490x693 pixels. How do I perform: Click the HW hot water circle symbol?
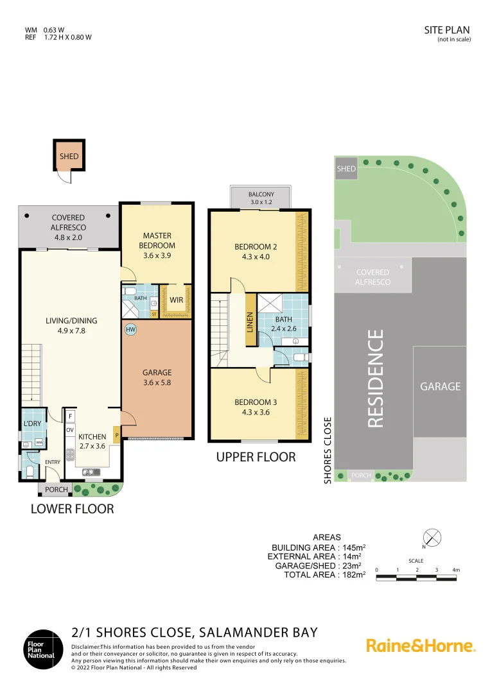tap(131, 329)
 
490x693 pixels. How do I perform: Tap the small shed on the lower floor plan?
tap(69, 156)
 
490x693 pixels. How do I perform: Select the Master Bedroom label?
tap(157, 241)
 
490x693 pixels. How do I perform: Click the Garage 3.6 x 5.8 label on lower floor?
tap(157, 378)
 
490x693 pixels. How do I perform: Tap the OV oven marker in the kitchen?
tap(70, 430)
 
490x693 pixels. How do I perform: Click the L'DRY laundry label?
tap(31, 425)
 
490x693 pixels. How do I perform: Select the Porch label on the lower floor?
tap(56, 490)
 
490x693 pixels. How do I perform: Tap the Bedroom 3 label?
tap(256, 407)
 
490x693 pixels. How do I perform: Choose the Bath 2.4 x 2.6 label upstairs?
tap(283, 323)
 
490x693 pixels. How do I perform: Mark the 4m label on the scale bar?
tap(455, 570)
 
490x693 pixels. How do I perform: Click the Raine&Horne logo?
tap(421, 646)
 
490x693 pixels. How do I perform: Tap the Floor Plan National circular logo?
tap(41, 649)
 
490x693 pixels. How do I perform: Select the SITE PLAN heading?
tap(447, 30)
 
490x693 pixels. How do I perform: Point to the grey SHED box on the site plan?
tap(346, 169)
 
